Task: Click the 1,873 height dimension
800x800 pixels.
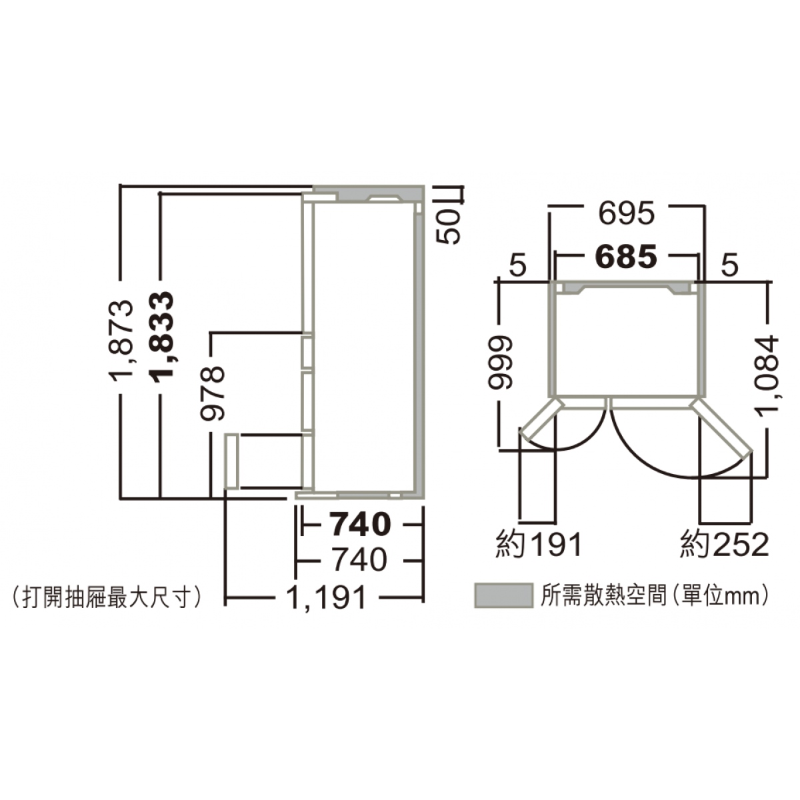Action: pos(121,337)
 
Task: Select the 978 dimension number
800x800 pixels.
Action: pos(212,393)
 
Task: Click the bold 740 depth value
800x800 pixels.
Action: pos(361,524)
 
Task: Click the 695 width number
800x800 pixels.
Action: pos(627,214)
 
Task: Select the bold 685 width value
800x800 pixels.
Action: pos(627,256)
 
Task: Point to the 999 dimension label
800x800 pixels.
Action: pos(500,363)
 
